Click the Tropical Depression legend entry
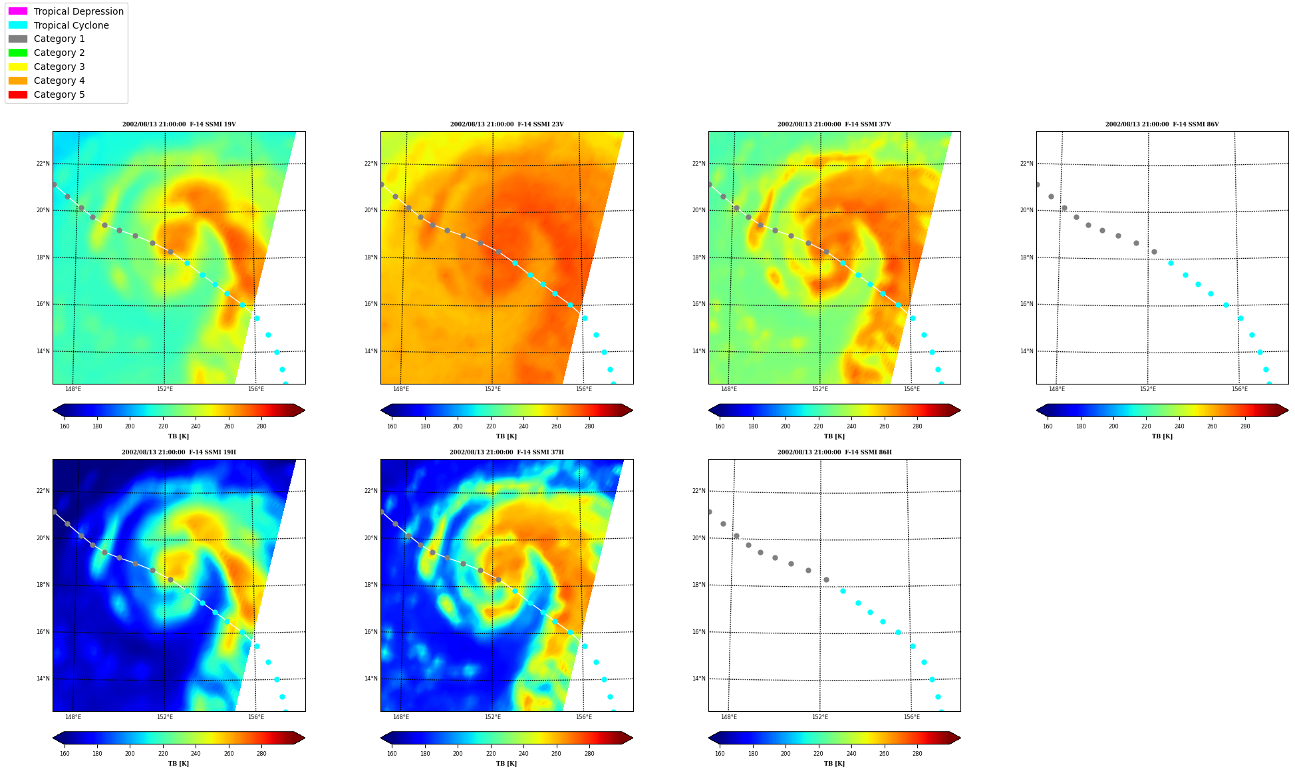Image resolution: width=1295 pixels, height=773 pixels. click(x=66, y=11)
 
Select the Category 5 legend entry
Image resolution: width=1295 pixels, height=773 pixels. click(x=47, y=94)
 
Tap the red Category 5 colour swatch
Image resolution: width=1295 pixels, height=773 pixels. click(x=18, y=94)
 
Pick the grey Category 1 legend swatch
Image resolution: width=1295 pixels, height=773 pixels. click(x=18, y=39)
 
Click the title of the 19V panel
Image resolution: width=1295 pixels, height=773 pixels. click(x=179, y=124)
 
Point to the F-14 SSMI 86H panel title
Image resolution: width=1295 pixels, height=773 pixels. click(x=834, y=452)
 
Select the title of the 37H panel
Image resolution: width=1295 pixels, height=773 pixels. click(x=506, y=452)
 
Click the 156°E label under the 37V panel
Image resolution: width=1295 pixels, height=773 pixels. click(x=911, y=389)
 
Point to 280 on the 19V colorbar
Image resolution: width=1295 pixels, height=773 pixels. click(x=261, y=426)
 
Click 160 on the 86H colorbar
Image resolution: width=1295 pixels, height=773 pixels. click(x=720, y=754)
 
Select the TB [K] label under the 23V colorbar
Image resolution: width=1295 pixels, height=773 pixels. click(x=506, y=436)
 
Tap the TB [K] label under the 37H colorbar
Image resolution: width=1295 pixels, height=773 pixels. click(x=506, y=764)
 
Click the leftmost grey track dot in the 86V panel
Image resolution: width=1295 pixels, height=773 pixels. click(x=1037, y=185)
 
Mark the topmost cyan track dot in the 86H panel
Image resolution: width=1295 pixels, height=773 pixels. click(x=843, y=591)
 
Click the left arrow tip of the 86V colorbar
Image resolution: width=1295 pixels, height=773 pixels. click(x=1037, y=410)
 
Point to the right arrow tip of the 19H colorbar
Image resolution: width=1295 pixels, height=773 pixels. click(x=305, y=738)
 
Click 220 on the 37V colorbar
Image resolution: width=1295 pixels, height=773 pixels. click(x=818, y=426)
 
